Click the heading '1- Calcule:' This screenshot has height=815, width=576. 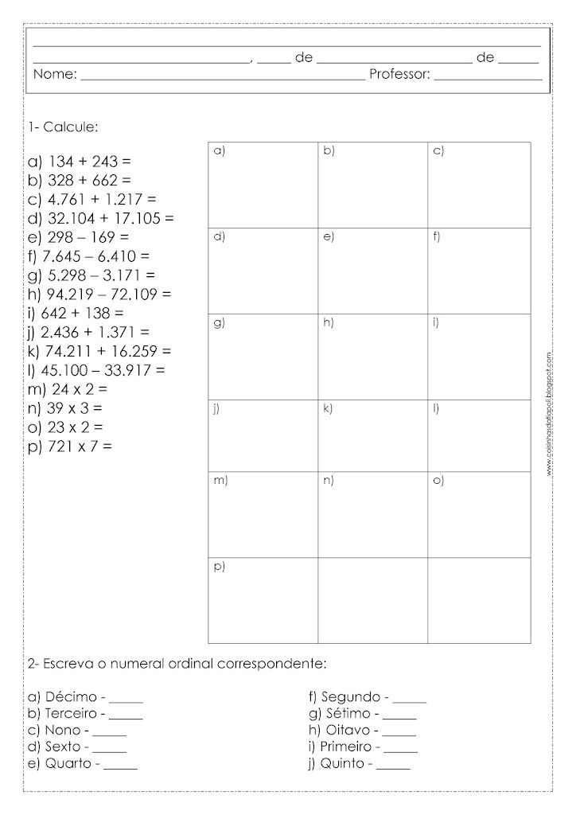[x=63, y=127]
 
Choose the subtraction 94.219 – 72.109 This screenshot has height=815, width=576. [x=99, y=294]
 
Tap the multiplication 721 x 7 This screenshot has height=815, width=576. [x=70, y=446]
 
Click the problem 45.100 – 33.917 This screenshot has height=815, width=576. [x=99, y=371]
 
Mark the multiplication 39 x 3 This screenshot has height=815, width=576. [x=66, y=408]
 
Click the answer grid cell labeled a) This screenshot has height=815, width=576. [x=263, y=185]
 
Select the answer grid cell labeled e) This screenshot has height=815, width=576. [x=372, y=271]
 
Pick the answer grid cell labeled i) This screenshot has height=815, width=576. [x=479, y=357]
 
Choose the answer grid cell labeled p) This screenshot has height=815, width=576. [x=263, y=601]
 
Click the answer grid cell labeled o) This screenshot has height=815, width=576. [x=479, y=515]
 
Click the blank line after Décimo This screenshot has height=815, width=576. [x=126, y=703]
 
